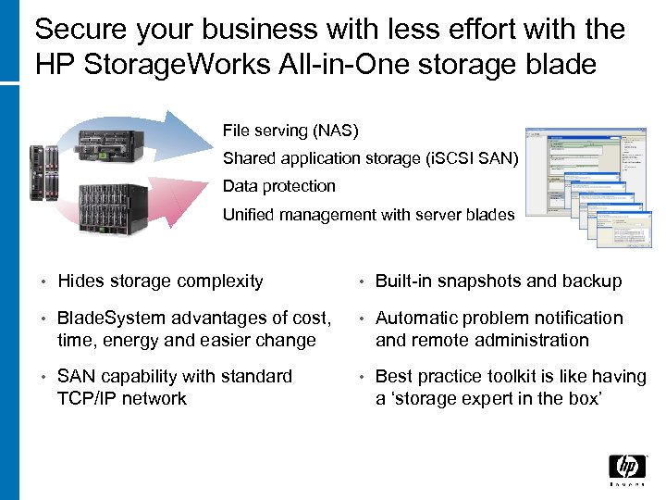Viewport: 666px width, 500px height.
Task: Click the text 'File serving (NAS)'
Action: click(290, 131)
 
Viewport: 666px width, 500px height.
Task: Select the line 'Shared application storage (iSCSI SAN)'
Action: click(371, 158)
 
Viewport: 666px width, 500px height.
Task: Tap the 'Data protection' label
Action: click(279, 186)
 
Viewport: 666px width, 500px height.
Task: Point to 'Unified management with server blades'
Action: click(368, 215)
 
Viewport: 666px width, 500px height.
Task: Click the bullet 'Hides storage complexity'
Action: click(160, 281)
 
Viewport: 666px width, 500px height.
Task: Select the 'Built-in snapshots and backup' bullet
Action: click(499, 281)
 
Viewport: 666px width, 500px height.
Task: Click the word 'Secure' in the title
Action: click(80, 30)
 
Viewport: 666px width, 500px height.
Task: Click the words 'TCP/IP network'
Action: click(122, 399)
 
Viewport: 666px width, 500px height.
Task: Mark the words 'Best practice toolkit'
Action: click(452, 376)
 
